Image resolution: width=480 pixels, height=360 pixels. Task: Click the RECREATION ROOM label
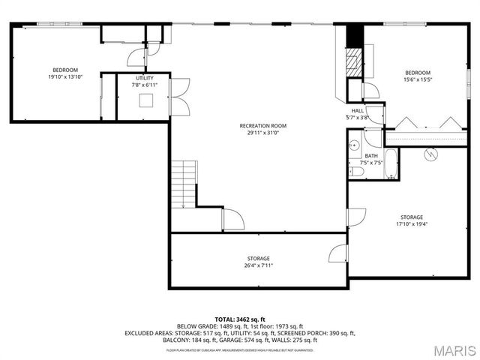262,125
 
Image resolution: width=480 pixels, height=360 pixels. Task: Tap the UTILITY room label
145,78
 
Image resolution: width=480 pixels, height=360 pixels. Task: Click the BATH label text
371,156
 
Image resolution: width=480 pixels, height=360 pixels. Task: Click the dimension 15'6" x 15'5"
418,80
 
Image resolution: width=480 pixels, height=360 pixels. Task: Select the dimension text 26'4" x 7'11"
258,265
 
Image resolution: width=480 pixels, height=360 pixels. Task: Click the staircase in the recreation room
183,184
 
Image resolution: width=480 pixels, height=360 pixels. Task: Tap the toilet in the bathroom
357,172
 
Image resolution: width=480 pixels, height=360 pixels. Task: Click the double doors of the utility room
179,96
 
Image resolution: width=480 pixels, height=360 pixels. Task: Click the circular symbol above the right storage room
430,155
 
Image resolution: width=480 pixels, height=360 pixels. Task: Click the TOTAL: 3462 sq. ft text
239,319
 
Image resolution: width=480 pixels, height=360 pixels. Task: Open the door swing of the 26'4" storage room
338,253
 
